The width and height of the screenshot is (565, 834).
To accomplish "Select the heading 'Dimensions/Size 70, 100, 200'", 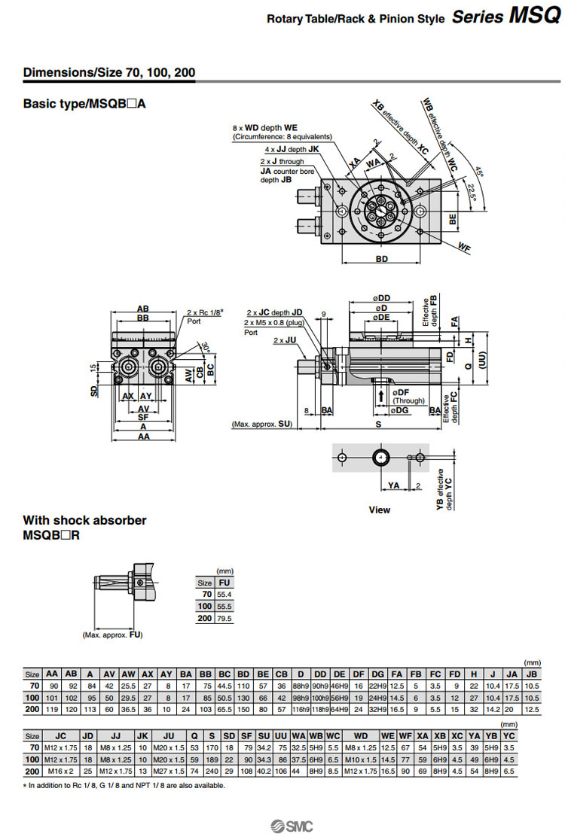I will [x=109, y=73].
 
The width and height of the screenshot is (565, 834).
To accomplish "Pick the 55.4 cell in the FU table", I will [x=224, y=594].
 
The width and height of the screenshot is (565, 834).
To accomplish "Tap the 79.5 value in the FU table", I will [x=224, y=618].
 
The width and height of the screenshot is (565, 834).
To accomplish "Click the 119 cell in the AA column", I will [x=52, y=709].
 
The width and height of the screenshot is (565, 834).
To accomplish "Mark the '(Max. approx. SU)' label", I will [x=261, y=425].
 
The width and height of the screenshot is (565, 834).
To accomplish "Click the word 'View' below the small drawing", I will [x=379, y=510].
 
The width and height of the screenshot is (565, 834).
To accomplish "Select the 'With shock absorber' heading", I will [x=84, y=520].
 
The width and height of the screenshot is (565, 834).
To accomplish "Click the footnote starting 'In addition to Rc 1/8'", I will [x=124, y=786].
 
